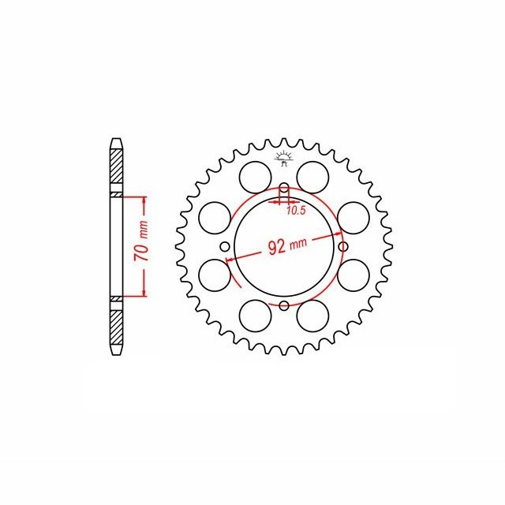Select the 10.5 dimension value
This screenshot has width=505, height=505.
(x=296, y=210)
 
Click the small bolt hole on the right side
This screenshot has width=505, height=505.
(x=342, y=247)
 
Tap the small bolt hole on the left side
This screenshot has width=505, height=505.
(x=225, y=247)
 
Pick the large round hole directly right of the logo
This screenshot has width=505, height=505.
(x=313, y=174)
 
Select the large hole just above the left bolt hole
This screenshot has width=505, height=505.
(x=213, y=216)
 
